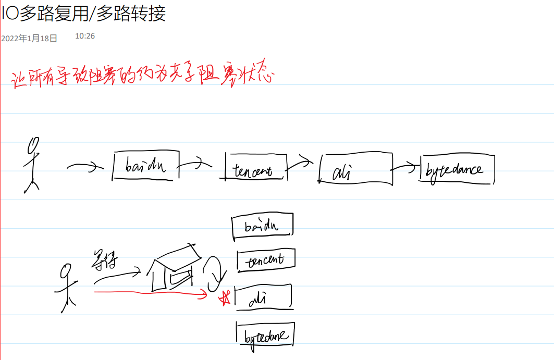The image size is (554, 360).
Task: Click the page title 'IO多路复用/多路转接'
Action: tap(83, 13)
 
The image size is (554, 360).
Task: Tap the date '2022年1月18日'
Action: tap(29, 38)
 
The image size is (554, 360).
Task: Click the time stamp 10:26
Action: tap(85, 36)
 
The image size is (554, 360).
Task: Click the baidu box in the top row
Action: tap(145, 166)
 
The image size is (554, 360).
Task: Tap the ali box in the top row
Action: tap(354, 170)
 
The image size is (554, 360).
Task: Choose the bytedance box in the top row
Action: tap(456, 169)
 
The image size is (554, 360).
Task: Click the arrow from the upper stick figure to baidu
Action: tap(83, 167)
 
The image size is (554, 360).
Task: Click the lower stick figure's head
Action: tap(66, 271)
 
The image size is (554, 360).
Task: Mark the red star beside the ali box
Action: tap(226, 299)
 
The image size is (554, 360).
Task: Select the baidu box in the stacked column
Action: tap(262, 226)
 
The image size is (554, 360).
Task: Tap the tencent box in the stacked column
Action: tap(266, 260)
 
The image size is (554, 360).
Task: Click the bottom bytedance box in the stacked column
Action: tap(265, 334)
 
